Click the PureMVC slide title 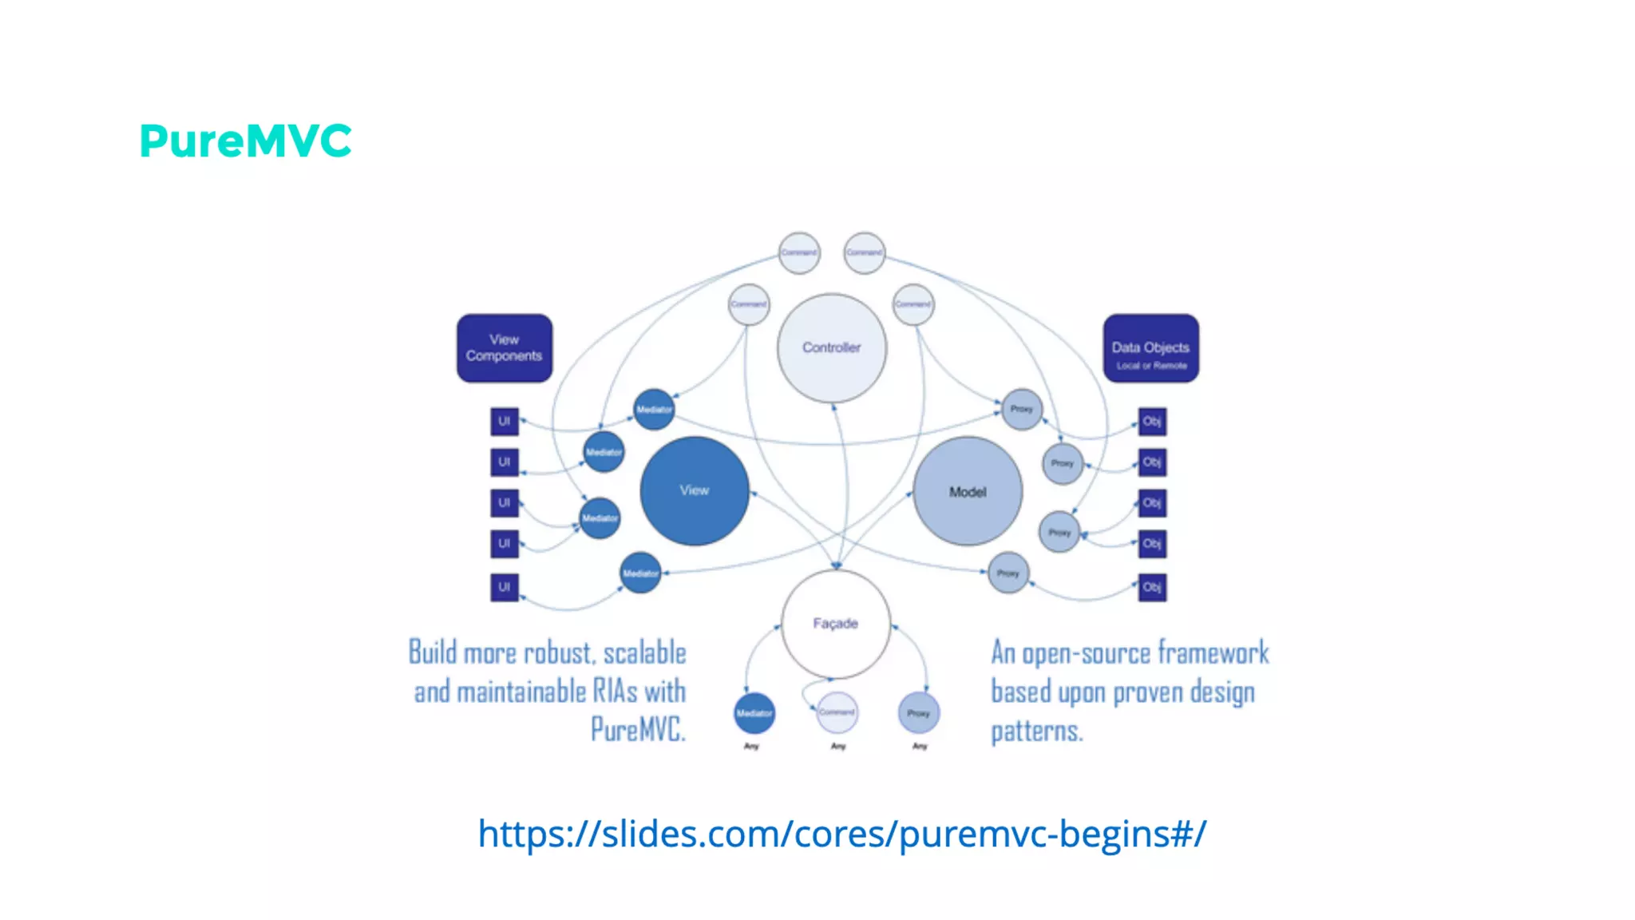245,141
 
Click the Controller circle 831,347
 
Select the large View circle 694,490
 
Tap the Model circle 967,492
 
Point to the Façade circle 835,623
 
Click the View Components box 504,348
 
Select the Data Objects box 1150,348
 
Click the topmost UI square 504,421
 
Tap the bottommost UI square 504,587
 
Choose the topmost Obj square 1151,421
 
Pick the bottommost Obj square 1151,587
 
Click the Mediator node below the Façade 754,713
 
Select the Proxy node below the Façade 918,713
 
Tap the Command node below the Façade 837,712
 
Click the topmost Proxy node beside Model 1021,409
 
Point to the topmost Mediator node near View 653,409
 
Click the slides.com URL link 841,834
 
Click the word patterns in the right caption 1036,731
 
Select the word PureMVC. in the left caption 637,729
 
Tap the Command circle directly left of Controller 748,304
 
